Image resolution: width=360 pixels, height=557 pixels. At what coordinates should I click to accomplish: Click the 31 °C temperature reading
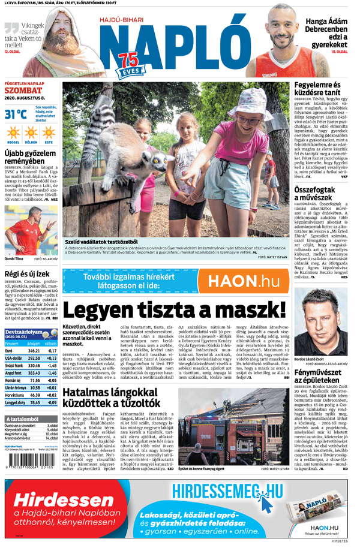pos(14,113)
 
